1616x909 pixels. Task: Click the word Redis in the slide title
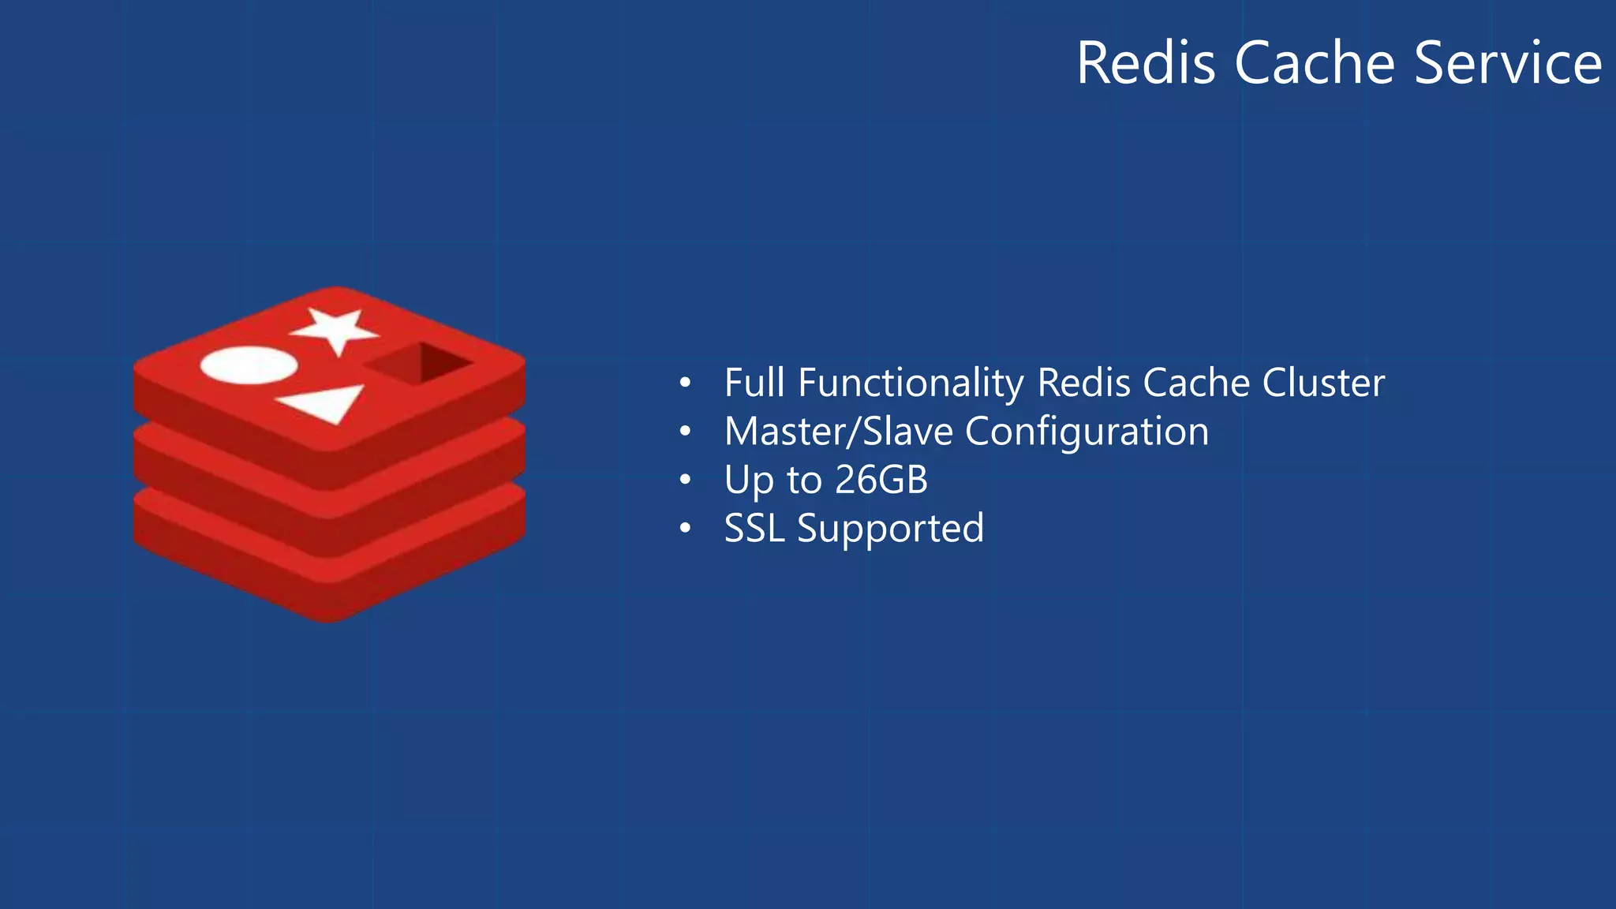tap(1146, 63)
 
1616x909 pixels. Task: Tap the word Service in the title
tap(1508, 63)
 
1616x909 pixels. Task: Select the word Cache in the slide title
tap(1315, 63)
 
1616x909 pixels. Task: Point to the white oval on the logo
tap(249, 365)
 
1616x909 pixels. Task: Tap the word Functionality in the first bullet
tap(911, 383)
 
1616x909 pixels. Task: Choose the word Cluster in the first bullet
tap(1323, 383)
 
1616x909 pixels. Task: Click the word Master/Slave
tap(839, 432)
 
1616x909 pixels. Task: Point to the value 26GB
tap(881, 480)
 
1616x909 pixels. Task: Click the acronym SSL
tap(754, 528)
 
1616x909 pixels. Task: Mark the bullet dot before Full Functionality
tap(685, 384)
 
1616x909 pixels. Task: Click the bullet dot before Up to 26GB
tap(685, 481)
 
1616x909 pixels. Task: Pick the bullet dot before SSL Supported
tap(685, 529)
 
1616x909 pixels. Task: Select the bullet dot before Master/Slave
tap(685, 432)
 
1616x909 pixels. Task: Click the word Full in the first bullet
tap(754, 383)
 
